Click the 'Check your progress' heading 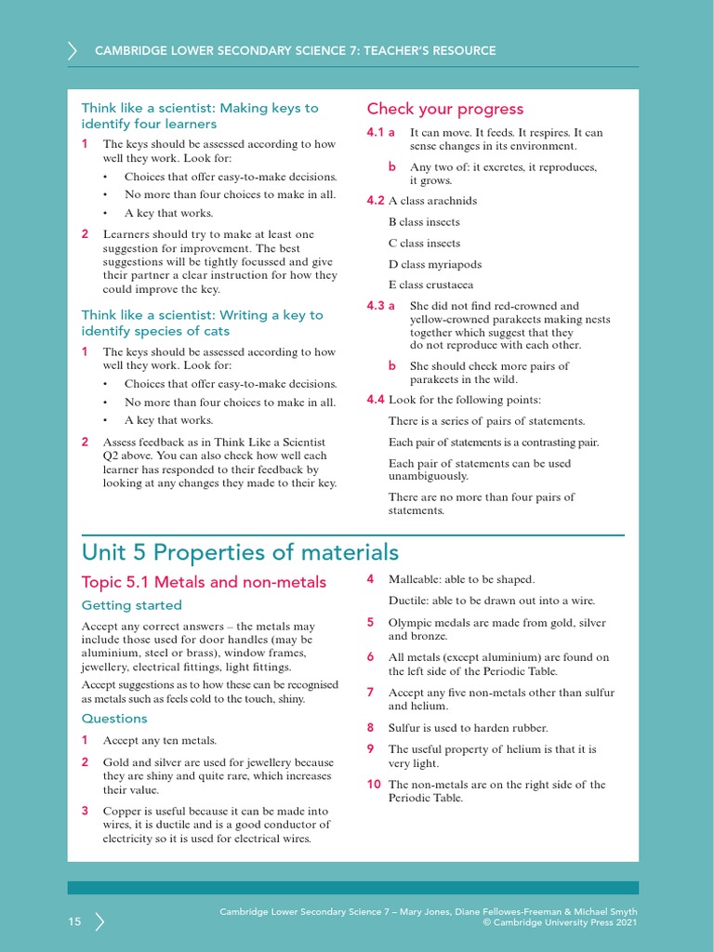(x=444, y=109)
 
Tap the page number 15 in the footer (x=74, y=921)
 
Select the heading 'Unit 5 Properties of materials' (x=240, y=552)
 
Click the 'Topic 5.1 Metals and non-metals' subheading (x=204, y=582)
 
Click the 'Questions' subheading (x=114, y=719)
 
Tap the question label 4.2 (x=376, y=201)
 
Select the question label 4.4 (x=376, y=400)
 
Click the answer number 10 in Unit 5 (x=374, y=785)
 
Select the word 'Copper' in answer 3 (x=121, y=812)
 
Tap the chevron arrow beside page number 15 (x=99, y=921)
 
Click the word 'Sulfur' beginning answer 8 (x=404, y=728)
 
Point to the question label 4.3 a (x=381, y=306)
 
